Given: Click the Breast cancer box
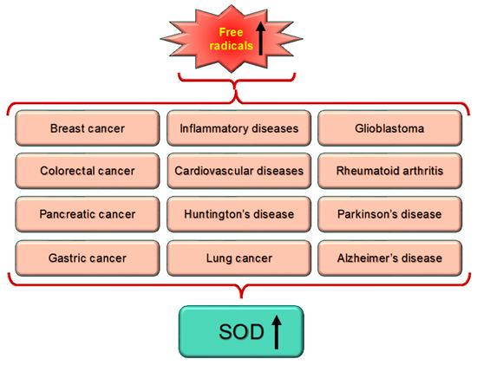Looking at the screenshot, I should (87, 128).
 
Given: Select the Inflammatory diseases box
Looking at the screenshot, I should (238, 128).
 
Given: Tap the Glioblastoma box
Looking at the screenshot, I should (389, 128).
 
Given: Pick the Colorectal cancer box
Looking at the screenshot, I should (87, 171).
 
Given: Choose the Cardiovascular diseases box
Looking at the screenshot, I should (238, 171).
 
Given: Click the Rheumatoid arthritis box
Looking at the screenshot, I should (389, 171).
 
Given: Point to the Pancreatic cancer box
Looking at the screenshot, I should (87, 213).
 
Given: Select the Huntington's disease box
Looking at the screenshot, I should (238, 213).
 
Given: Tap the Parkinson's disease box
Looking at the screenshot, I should (389, 213).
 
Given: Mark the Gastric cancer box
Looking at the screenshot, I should (87, 257).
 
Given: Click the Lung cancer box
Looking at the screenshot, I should (238, 257).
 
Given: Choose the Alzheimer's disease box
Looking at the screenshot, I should (389, 257).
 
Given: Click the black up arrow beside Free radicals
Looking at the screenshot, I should (261, 39).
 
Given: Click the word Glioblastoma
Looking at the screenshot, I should (389, 128).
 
